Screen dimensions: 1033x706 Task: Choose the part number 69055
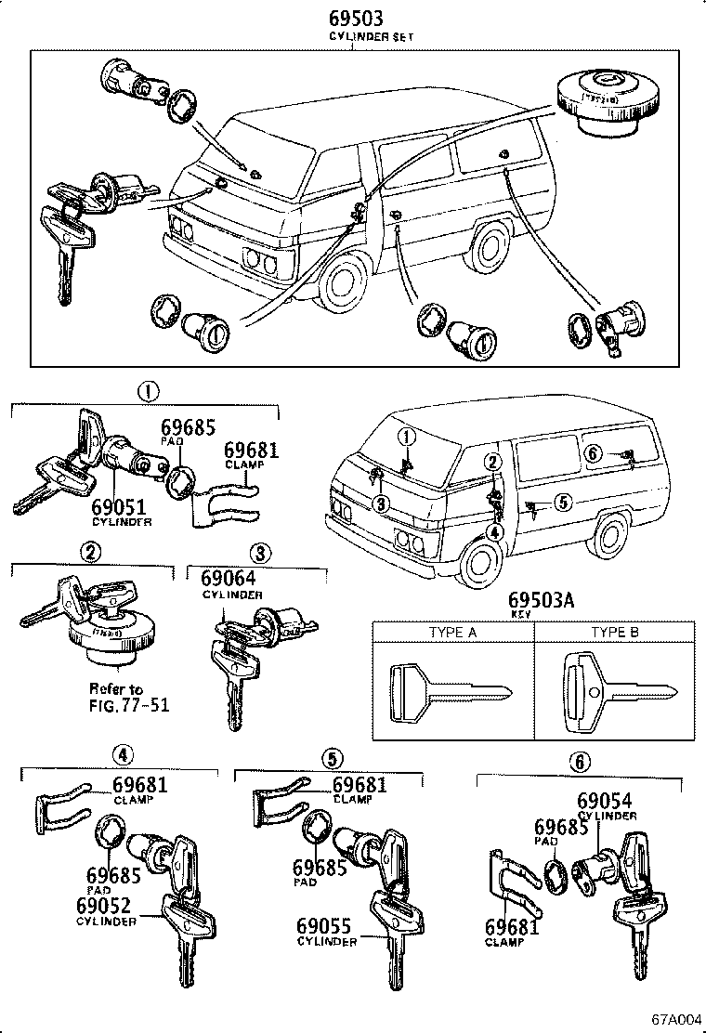pyautogui.click(x=326, y=926)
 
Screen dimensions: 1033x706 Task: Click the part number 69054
pyautogui.click(x=605, y=801)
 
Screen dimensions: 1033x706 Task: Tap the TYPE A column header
pyautogui.click(x=452, y=632)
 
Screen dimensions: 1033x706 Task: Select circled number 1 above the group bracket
pyautogui.click(x=147, y=392)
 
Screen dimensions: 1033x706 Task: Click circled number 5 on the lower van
pyautogui.click(x=561, y=502)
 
